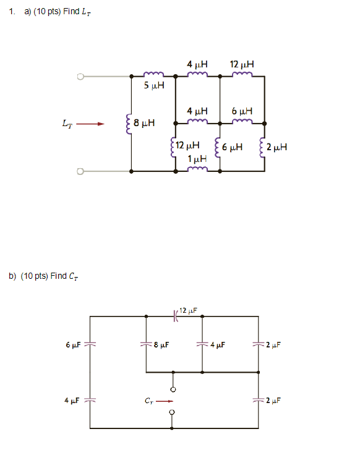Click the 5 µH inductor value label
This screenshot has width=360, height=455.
coord(154,86)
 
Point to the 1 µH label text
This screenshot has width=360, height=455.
coord(197,159)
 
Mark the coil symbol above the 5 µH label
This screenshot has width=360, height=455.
coord(153,76)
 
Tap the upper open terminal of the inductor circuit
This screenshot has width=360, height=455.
coord(79,77)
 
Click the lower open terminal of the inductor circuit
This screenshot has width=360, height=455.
coord(79,171)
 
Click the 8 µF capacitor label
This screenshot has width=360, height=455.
coord(160,345)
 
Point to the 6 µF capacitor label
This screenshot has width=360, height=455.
coord(72,344)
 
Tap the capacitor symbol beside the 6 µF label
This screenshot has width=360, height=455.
coord(90,344)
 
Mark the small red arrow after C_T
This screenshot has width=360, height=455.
coord(163,401)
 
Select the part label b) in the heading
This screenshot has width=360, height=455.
coord(12,276)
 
